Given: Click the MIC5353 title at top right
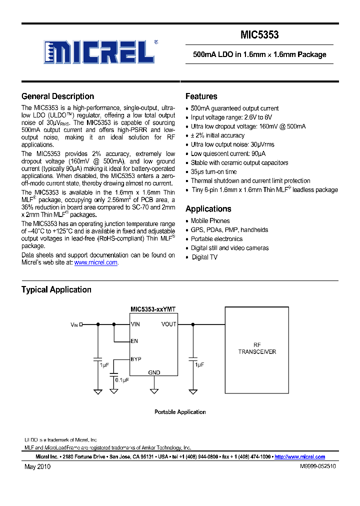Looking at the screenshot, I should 259,35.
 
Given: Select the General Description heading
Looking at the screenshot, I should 57,96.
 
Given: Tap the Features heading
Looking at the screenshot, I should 201,96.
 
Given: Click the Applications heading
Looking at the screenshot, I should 208,209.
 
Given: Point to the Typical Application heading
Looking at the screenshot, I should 56,289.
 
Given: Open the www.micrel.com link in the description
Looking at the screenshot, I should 95,262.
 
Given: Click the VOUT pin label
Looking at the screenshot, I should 168,324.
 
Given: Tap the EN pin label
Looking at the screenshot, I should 134,341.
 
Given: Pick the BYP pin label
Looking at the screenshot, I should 135,359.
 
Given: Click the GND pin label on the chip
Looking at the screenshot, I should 154,372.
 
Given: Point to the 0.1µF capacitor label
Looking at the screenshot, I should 122,380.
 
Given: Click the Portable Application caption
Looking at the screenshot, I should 180,412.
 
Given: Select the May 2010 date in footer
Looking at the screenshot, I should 37,466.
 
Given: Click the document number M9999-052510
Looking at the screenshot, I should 317,466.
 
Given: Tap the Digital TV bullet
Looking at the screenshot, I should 205,257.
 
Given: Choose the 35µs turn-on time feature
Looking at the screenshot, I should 213,171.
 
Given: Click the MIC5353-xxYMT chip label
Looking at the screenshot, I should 153,309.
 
